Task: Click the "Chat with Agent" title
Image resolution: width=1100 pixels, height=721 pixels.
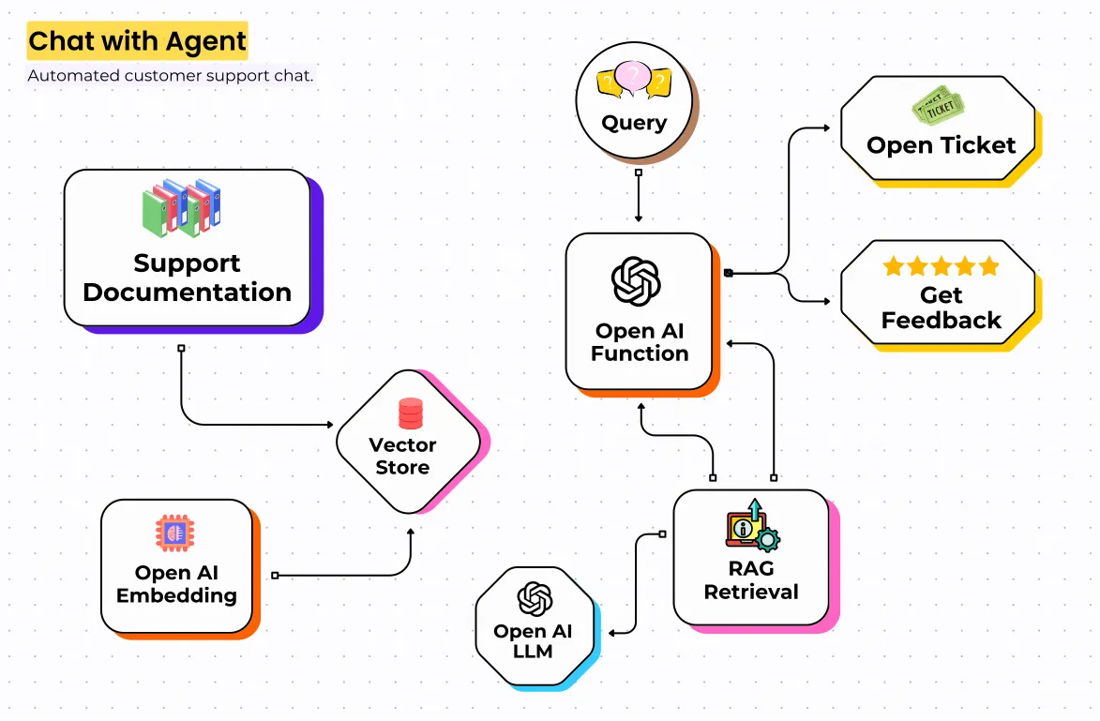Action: tap(137, 41)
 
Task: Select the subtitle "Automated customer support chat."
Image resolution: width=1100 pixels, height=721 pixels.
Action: tap(170, 76)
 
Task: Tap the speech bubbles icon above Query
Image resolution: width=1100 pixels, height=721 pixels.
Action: tap(634, 81)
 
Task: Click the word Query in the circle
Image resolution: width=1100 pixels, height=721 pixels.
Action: tap(634, 123)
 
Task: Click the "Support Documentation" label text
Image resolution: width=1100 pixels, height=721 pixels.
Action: tap(187, 278)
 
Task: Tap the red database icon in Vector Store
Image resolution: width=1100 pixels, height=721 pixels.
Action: tap(411, 413)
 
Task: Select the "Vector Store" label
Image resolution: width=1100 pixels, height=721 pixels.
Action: tap(402, 456)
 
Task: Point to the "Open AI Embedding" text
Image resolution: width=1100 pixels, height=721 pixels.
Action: tap(176, 584)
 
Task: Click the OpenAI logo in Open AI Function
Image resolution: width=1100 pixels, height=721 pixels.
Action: tap(636, 281)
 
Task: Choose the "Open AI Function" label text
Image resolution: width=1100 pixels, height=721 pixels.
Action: tap(640, 342)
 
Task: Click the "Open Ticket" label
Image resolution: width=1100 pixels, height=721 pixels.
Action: tap(941, 145)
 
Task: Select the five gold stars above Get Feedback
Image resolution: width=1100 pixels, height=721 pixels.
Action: tap(941, 266)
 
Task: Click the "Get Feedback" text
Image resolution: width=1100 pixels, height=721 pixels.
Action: tap(941, 308)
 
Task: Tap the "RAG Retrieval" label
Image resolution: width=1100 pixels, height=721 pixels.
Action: tap(751, 580)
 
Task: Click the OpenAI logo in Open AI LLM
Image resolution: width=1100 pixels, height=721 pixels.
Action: tap(534, 599)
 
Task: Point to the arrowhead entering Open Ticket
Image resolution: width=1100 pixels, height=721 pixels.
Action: tap(826, 127)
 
